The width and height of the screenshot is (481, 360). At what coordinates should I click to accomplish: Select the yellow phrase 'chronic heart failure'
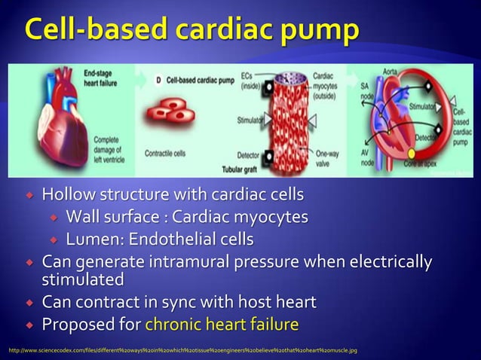tap(221, 325)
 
